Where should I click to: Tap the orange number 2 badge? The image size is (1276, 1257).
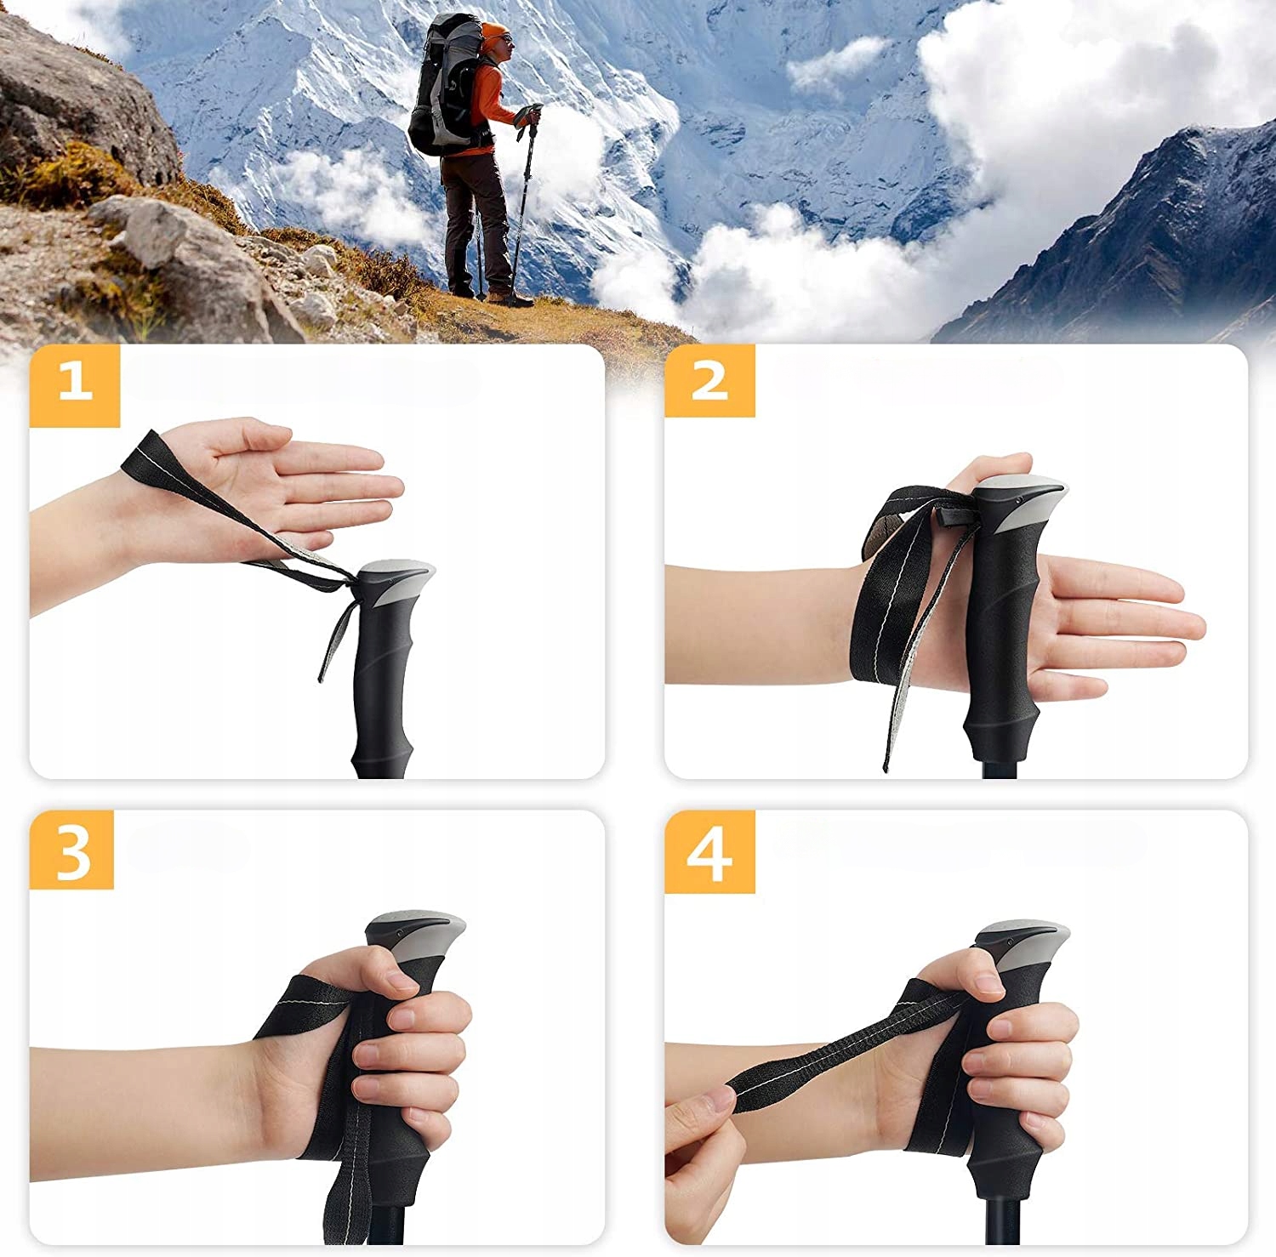[709, 382]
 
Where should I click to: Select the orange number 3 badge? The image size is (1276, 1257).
[72, 850]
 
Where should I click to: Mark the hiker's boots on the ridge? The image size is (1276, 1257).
[498, 296]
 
